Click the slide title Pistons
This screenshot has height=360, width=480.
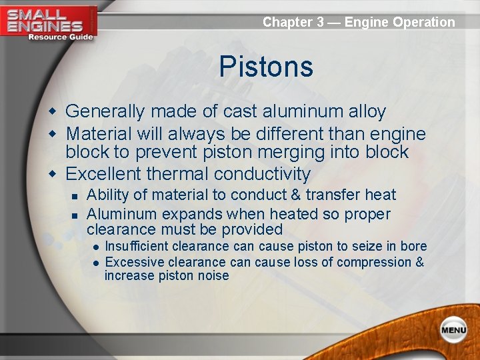(265, 67)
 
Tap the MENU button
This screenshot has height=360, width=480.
(453, 329)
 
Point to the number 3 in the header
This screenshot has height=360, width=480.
(321, 22)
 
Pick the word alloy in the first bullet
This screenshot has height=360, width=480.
(363, 111)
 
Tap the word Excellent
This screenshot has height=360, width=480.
(103, 174)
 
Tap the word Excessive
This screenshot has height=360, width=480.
(132, 262)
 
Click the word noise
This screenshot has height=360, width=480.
(213, 275)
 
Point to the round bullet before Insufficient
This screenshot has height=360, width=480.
(96, 247)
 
